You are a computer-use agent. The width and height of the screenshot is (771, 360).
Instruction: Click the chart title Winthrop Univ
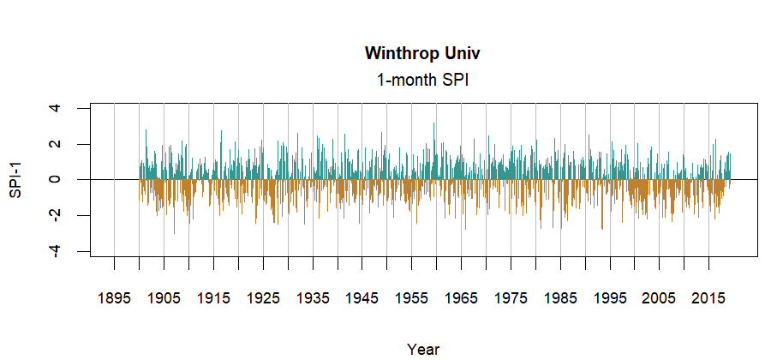(422, 54)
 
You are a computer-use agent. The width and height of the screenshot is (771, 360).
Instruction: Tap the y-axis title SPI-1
(15, 179)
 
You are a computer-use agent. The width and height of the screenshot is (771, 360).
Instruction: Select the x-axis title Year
(423, 349)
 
